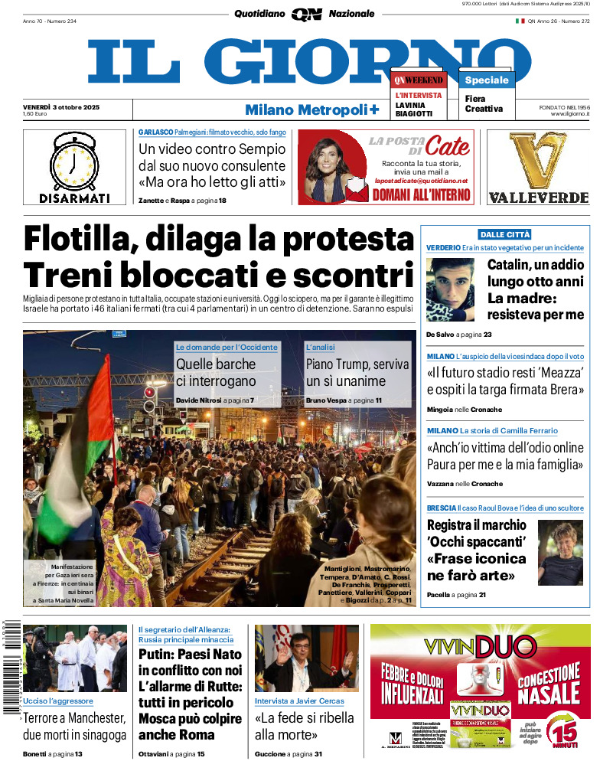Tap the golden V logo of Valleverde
point(538,161)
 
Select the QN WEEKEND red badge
point(418,80)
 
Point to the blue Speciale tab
point(486,80)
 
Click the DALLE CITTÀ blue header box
point(504,234)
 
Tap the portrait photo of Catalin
point(451,289)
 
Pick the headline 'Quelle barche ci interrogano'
point(216,373)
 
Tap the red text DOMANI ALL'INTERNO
point(421,195)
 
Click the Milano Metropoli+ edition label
point(311,109)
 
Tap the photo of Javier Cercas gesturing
point(306,658)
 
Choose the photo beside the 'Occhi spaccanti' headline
point(560,552)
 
